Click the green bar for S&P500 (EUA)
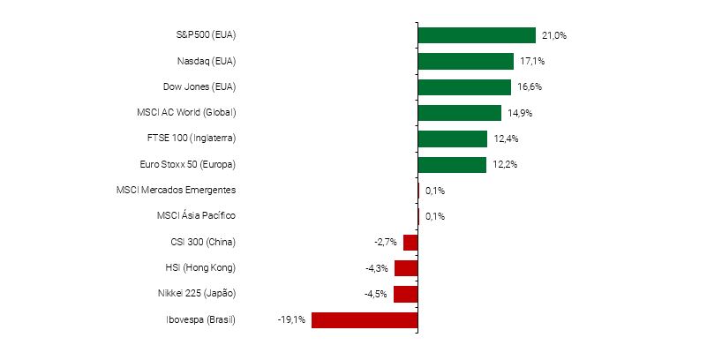pyautogui.click(x=477, y=35)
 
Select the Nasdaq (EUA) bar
pyautogui.click(x=465, y=61)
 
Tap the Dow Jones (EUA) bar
pyautogui.click(x=464, y=87)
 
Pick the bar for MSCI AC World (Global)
pyautogui.click(x=459, y=113)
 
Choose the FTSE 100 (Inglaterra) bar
pyautogui.click(x=452, y=139)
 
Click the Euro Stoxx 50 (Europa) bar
pyautogui.click(x=452, y=165)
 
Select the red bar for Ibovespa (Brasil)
pyautogui.click(x=365, y=319)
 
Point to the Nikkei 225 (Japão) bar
pyautogui.click(x=406, y=294)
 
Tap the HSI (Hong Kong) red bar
pyautogui.click(x=406, y=268)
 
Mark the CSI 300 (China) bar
pyautogui.click(x=410, y=242)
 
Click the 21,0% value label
pyautogui.click(x=553, y=36)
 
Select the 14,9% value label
pyautogui.click(x=519, y=113)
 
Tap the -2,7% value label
pyautogui.click(x=387, y=243)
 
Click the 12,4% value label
pyautogui.click(x=505, y=139)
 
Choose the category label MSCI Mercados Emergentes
pyautogui.click(x=176, y=191)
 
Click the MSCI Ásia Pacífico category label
pyautogui.click(x=196, y=216)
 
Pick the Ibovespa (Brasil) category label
pyautogui.click(x=200, y=319)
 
